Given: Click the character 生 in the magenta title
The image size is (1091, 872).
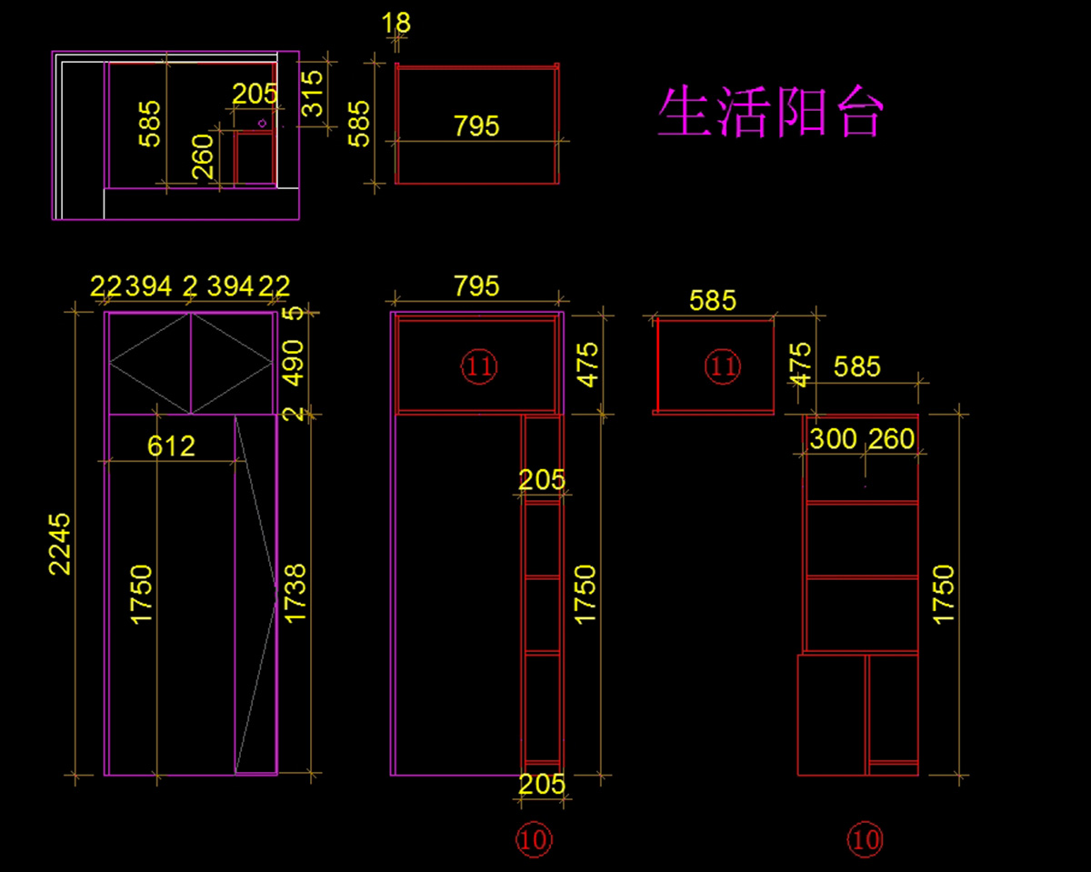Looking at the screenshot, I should pos(685,113).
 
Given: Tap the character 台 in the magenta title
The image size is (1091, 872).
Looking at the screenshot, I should pos(856,113).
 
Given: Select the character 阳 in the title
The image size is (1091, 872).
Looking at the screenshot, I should pos(800,113).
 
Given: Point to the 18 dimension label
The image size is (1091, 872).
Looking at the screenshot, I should pos(396,23).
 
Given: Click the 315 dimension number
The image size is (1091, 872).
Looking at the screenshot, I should pos(313,94).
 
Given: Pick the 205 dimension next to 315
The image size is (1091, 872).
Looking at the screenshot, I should pos(255,94).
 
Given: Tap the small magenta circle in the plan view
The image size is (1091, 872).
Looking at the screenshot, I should pos(262,122).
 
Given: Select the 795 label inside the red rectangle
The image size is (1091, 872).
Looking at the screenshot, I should pos(476,125).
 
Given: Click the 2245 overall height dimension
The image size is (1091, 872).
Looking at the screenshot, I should pos(60,544).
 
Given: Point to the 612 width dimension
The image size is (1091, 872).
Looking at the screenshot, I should pos(172,446).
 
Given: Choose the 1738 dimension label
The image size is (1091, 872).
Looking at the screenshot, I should pos(295,593).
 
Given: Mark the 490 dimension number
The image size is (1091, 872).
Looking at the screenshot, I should pos(294,363).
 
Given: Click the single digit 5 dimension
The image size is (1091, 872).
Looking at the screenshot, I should pos(292,314).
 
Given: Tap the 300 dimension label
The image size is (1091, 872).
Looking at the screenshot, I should pos(833,439).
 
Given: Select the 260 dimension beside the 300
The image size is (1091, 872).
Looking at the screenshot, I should pos(891,439).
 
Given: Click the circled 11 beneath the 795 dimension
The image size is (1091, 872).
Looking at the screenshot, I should pos(479,366).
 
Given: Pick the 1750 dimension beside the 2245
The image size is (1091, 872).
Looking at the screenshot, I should pos(143,593).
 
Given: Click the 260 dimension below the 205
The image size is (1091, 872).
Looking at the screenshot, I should pos(204,155).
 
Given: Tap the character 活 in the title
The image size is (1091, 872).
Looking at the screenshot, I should pos(743,113).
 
